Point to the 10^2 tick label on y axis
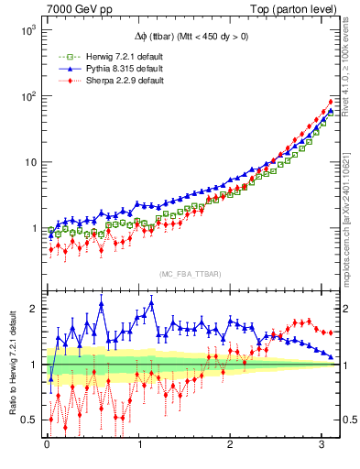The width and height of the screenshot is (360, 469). pos(28,96)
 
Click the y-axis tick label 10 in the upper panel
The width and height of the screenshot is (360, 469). pos(30,163)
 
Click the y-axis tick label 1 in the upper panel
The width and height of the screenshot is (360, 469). pos(35,229)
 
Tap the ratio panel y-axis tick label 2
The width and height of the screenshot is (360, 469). pos(35,309)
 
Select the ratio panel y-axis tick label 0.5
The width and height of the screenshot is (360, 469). pos(29,420)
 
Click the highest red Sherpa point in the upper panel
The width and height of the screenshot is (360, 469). pos(331,102)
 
